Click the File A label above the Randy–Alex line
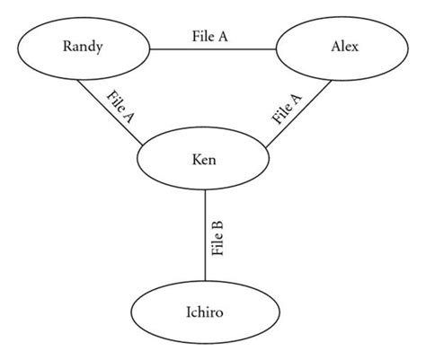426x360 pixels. click(211, 37)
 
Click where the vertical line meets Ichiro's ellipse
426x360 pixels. click(207, 285)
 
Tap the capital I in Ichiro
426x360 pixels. click(189, 315)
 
